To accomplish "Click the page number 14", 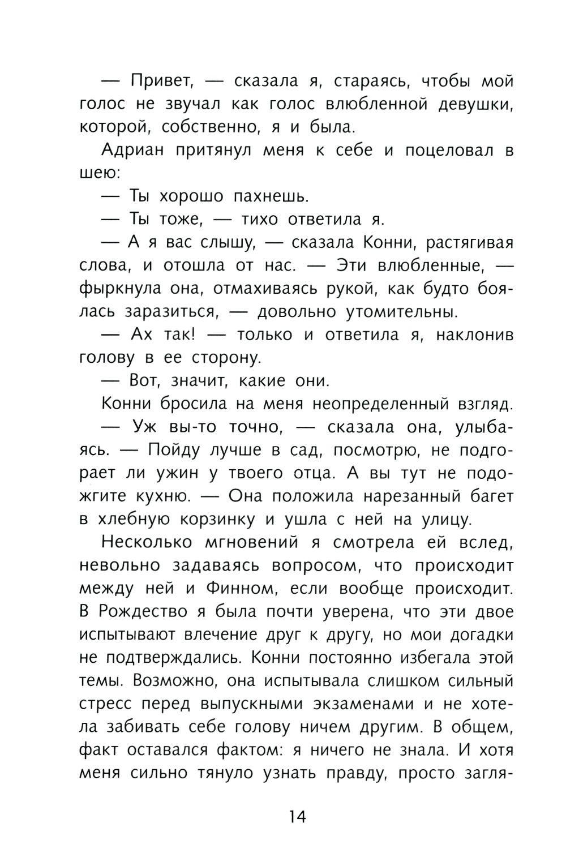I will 297,817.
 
